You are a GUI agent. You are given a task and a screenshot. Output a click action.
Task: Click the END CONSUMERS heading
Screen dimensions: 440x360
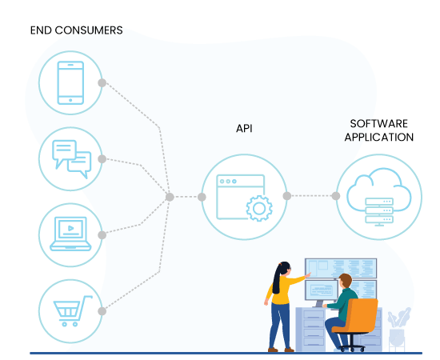(x=76, y=30)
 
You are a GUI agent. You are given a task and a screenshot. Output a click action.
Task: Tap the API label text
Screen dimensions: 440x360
(x=244, y=129)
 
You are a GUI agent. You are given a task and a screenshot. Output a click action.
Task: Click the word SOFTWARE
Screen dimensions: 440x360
(x=379, y=124)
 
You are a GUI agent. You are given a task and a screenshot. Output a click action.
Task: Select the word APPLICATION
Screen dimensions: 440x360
(x=379, y=138)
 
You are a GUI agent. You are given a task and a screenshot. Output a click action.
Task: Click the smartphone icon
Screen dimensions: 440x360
(x=70, y=82)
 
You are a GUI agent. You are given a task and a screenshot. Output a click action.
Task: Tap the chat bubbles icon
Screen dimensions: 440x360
(x=71, y=159)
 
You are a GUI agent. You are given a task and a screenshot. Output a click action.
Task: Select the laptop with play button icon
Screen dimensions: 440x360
(x=70, y=234)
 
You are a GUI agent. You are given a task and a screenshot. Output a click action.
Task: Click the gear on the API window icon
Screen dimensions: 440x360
(x=259, y=209)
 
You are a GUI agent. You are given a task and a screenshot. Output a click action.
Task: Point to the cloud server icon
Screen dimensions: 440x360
(x=379, y=197)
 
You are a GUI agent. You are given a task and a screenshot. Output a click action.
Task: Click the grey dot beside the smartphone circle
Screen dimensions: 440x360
(x=102, y=82)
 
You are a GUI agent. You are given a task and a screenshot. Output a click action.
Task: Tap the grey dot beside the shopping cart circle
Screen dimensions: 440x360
(x=102, y=311)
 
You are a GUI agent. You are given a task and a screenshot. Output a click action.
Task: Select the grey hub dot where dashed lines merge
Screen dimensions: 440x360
(x=170, y=197)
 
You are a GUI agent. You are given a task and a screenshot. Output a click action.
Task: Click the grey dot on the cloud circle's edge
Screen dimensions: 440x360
(x=336, y=196)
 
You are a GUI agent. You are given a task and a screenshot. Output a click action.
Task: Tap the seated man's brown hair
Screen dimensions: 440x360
(x=346, y=280)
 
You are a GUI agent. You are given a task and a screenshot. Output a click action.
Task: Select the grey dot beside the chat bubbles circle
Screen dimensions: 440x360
(x=102, y=159)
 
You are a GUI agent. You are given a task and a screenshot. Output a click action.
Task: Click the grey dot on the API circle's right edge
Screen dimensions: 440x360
(x=287, y=196)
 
